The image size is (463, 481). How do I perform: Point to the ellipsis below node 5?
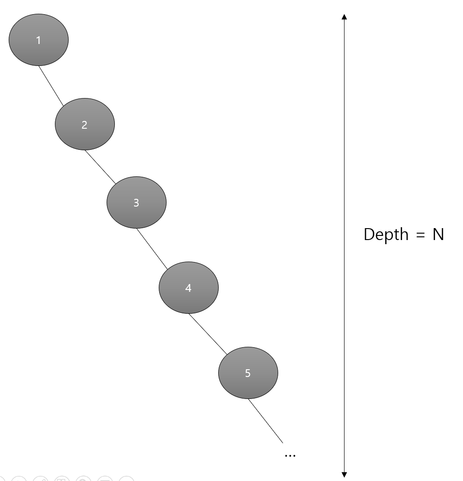click(x=290, y=455)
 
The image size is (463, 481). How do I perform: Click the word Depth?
click(x=386, y=235)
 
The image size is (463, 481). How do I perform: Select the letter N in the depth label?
click(x=438, y=235)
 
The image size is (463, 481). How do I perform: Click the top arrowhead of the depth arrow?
click(x=345, y=17)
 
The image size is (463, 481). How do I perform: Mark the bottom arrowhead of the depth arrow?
click(x=345, y=475)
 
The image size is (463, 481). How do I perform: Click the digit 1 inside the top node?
click(x=38, y=40)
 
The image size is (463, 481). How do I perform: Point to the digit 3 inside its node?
click(x=136, y=203)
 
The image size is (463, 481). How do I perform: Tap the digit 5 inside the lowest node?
click(x=248, y=373)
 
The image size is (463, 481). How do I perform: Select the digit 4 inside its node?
click(x=188, y=288)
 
